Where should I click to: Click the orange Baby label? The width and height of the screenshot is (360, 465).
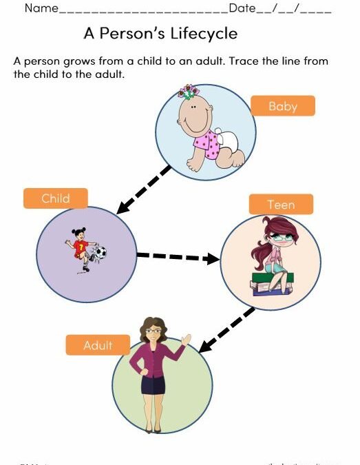coord(282,105)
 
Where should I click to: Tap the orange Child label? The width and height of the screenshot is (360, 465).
coord(56,198)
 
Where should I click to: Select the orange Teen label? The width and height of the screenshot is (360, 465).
coord(281,205)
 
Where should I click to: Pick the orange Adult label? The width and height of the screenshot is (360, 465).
coord(98,345)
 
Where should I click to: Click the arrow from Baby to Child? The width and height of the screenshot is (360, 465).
coord(144,189)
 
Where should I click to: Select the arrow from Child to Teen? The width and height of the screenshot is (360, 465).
coord(178,258)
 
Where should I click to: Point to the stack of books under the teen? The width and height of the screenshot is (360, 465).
coord(270,284)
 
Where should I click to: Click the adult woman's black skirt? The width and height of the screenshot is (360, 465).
coord(153,384)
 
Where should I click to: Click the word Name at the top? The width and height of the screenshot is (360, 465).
coord(41,9)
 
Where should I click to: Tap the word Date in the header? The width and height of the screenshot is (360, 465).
coord(242,9)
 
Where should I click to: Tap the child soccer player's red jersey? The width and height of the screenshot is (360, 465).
coord(81,245)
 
